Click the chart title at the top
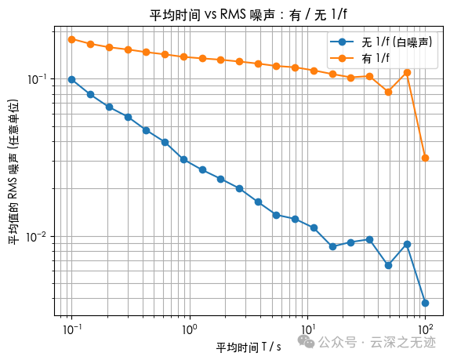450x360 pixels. [x=249, y=14]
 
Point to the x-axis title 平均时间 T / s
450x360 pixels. [x=249, y=347]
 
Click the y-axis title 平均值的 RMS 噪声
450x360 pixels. [x=13, y=172]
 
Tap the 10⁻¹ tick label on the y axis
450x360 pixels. [x=37, y=79]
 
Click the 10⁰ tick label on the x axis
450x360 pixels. [x=190, y=329]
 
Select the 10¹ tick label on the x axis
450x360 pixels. [x=307, y=329]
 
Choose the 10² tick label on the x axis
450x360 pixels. [x=426, y=329]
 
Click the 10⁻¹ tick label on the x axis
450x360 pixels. [x=72, y=329]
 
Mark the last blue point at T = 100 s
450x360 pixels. [x=426, y=303]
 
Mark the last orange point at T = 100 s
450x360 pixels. [x=426, y=158]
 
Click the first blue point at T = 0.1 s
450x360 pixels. [x=72, y=79]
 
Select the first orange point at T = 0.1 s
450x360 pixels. [x=72, y=39]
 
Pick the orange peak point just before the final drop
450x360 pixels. [x=407, y=73]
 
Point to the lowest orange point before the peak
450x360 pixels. [x=388, y=92]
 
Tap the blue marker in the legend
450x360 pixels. [x=342, y=42]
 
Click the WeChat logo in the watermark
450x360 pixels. [x=306, y=341]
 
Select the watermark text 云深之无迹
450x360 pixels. [x=403, y=342]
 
